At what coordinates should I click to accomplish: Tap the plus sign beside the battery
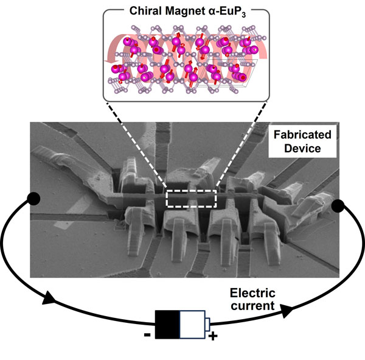pos(213,336)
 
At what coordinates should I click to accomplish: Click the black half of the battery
pos(167,322)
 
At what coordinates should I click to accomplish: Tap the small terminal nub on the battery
pos(208,322)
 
